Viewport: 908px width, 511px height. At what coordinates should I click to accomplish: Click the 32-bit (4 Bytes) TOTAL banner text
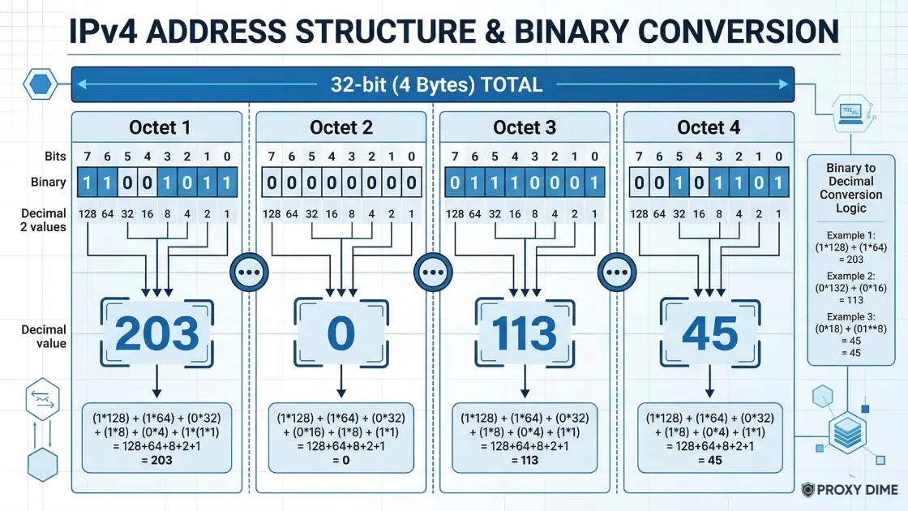[436, 85]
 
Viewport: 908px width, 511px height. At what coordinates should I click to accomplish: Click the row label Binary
[49, 182]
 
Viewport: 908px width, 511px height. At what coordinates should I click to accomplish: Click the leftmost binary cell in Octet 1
[87, 182]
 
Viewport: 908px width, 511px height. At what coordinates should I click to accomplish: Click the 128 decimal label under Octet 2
[271, 214]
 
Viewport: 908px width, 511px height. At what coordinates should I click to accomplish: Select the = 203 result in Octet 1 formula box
[157, 460]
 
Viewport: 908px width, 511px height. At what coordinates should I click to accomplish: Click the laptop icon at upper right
[850, 114]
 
